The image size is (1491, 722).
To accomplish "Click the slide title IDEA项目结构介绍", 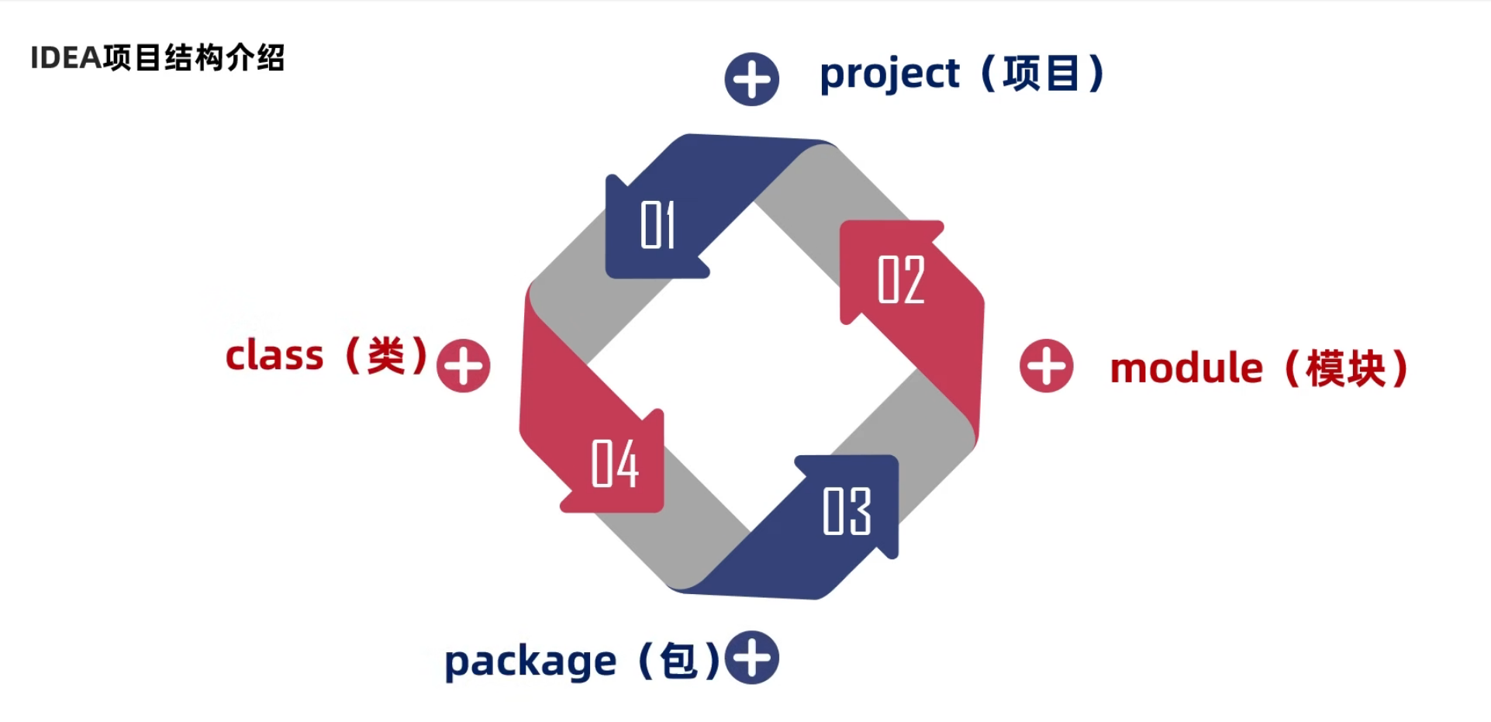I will tap(157, 58).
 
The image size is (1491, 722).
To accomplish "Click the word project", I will tap(889, 75).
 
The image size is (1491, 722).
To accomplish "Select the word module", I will tap(1186, 368).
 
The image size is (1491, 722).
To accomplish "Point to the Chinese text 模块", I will tap(1345, 368).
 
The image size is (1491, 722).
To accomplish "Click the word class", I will tap(274, 357).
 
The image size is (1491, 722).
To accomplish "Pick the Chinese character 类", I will tap(386, 357).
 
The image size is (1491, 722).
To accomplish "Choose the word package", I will tap(530, 662).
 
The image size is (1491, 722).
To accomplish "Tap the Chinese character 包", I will tap(678, 662).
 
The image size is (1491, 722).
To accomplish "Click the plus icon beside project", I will tap(751, 79).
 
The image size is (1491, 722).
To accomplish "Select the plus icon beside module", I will tap(1046, 366).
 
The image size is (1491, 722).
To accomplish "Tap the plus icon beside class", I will tap(464, 366).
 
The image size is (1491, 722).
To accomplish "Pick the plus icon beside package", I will tap(752, 658).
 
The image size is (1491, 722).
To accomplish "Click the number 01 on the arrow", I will tap(657, 225).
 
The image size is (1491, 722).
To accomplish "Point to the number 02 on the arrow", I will tap(901, 279).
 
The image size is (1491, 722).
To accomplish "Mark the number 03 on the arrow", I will tap(847, 511).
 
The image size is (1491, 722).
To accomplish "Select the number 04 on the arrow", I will tap(615, 464).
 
